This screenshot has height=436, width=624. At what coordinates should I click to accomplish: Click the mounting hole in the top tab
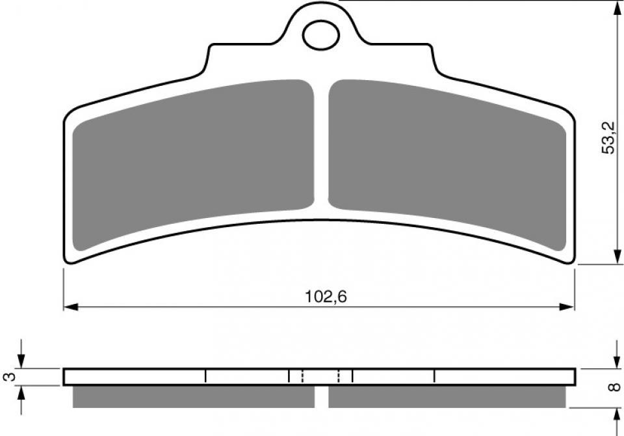[x=321, y=36]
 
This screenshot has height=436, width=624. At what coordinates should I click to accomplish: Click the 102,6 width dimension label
[x=326, y=297]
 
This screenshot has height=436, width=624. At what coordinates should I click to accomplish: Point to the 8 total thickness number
[x=615, y=386]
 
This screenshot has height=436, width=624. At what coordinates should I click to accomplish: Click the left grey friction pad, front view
[x=193, y=163]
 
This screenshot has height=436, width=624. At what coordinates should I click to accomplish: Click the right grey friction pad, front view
[x=447, y=163]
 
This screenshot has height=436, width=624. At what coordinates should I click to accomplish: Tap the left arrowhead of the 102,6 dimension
[x=70, y=307]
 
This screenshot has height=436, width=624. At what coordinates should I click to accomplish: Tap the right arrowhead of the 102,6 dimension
[x=567, y=307]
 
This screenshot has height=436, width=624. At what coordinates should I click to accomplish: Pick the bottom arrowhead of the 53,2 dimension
[x=617, y=256]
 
